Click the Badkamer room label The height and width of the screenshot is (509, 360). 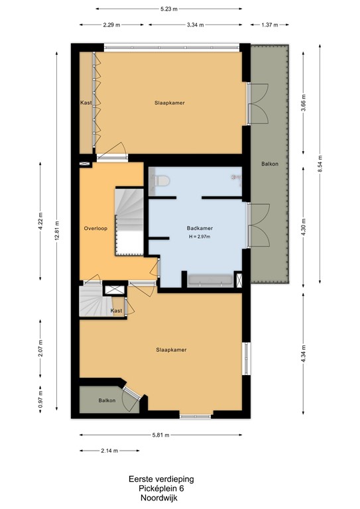point(200,228)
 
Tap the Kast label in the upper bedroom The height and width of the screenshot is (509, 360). point(86,103)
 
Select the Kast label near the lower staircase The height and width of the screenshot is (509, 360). point(116,310)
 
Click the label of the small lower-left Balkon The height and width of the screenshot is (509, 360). point(107,400)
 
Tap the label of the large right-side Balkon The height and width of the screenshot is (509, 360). point(269,163)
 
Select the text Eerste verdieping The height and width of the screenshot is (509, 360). point(161,479)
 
